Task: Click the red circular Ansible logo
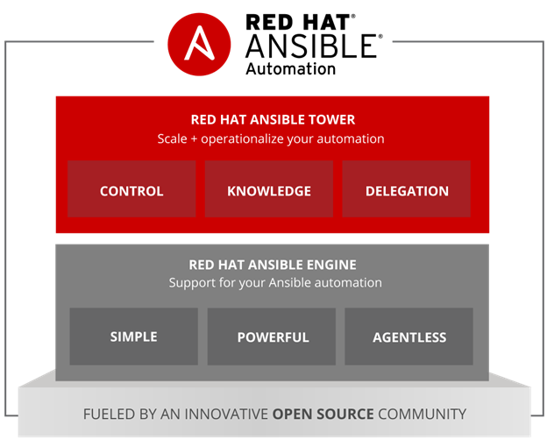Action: point(199,45)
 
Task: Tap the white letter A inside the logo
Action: point(199,43)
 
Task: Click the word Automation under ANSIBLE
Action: point(291,68)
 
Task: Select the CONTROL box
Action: point(131,189)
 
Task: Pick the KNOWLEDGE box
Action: point(269,189)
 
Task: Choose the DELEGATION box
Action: point(407,189)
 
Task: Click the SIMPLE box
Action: point(133,337)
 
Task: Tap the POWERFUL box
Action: point(272,337)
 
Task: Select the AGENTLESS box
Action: point(408,337)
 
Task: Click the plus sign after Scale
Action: point(194,139)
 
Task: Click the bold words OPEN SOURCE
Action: point(323,414)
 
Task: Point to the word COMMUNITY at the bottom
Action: point(423,414)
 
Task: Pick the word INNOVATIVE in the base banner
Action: point(226,414)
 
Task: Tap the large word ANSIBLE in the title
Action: point(311,46)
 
